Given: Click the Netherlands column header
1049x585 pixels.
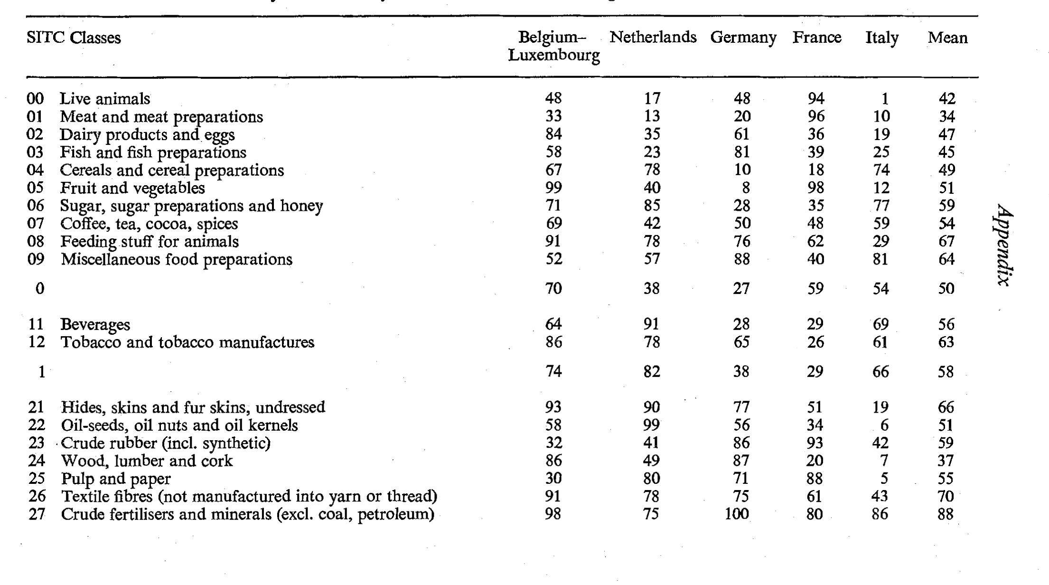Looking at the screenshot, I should [653, 37].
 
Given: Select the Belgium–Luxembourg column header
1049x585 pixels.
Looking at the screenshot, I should [553, 46].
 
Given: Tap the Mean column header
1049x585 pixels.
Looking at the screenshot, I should [947, 38].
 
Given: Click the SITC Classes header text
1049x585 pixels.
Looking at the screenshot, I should [74, 38].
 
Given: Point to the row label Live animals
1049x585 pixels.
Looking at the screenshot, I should [104, 99].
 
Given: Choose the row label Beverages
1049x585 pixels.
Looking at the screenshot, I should [95, 324].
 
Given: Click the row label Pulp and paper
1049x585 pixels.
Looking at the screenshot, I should [115, 479].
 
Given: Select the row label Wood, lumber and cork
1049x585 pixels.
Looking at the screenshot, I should [147, 461].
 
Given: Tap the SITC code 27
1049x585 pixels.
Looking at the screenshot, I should [37, 514].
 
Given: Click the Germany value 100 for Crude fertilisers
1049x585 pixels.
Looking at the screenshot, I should [737, 514].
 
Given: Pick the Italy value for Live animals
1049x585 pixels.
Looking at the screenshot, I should [884, 99].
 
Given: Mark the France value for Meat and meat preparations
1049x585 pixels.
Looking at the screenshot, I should [815, 116].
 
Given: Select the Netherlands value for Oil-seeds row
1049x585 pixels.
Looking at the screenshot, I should [651, 425].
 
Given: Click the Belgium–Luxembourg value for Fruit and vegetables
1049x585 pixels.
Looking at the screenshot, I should [553, 188].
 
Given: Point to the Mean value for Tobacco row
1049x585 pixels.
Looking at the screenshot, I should [946, 342].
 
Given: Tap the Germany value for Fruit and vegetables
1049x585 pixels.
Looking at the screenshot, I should [746, 188].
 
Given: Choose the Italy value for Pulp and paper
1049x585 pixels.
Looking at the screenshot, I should [884, 479].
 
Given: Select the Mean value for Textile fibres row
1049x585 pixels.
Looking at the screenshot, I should [946, 497].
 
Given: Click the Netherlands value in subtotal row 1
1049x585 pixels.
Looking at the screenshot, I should [651, 372].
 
